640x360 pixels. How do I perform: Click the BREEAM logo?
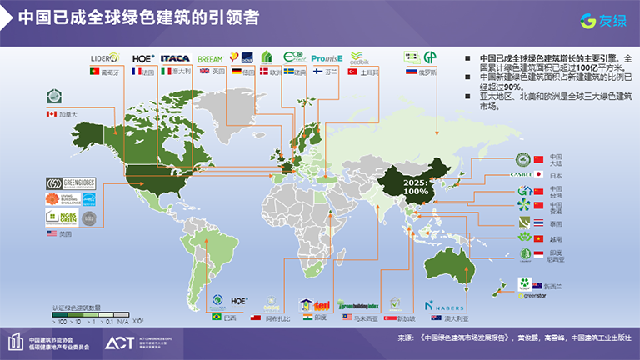pyautogui.click(x=209, y=59)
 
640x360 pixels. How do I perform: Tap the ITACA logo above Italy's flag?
pyautogui.click(x=175, y=59)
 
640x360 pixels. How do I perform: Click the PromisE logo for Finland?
pyautogui.click(x=327, y=59)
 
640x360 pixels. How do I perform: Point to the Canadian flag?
pyautogui.click(x=50, y=113)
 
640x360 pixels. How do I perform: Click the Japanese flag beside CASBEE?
pyautogui.click(x=537, y=175)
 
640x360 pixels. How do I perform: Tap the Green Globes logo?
pyautogui.click(x=72, y=183)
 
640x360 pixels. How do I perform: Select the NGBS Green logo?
pyautogui.click(x=59, y=218)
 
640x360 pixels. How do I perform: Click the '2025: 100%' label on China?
pyautogui.click(x=417, y=186)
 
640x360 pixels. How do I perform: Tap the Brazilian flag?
pyautogui.click(x=217, y=317)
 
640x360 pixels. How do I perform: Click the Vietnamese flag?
pyautogui.click(x=538, y=237)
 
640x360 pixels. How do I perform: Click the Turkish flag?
pyautogui.click(x=352, y=72)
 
